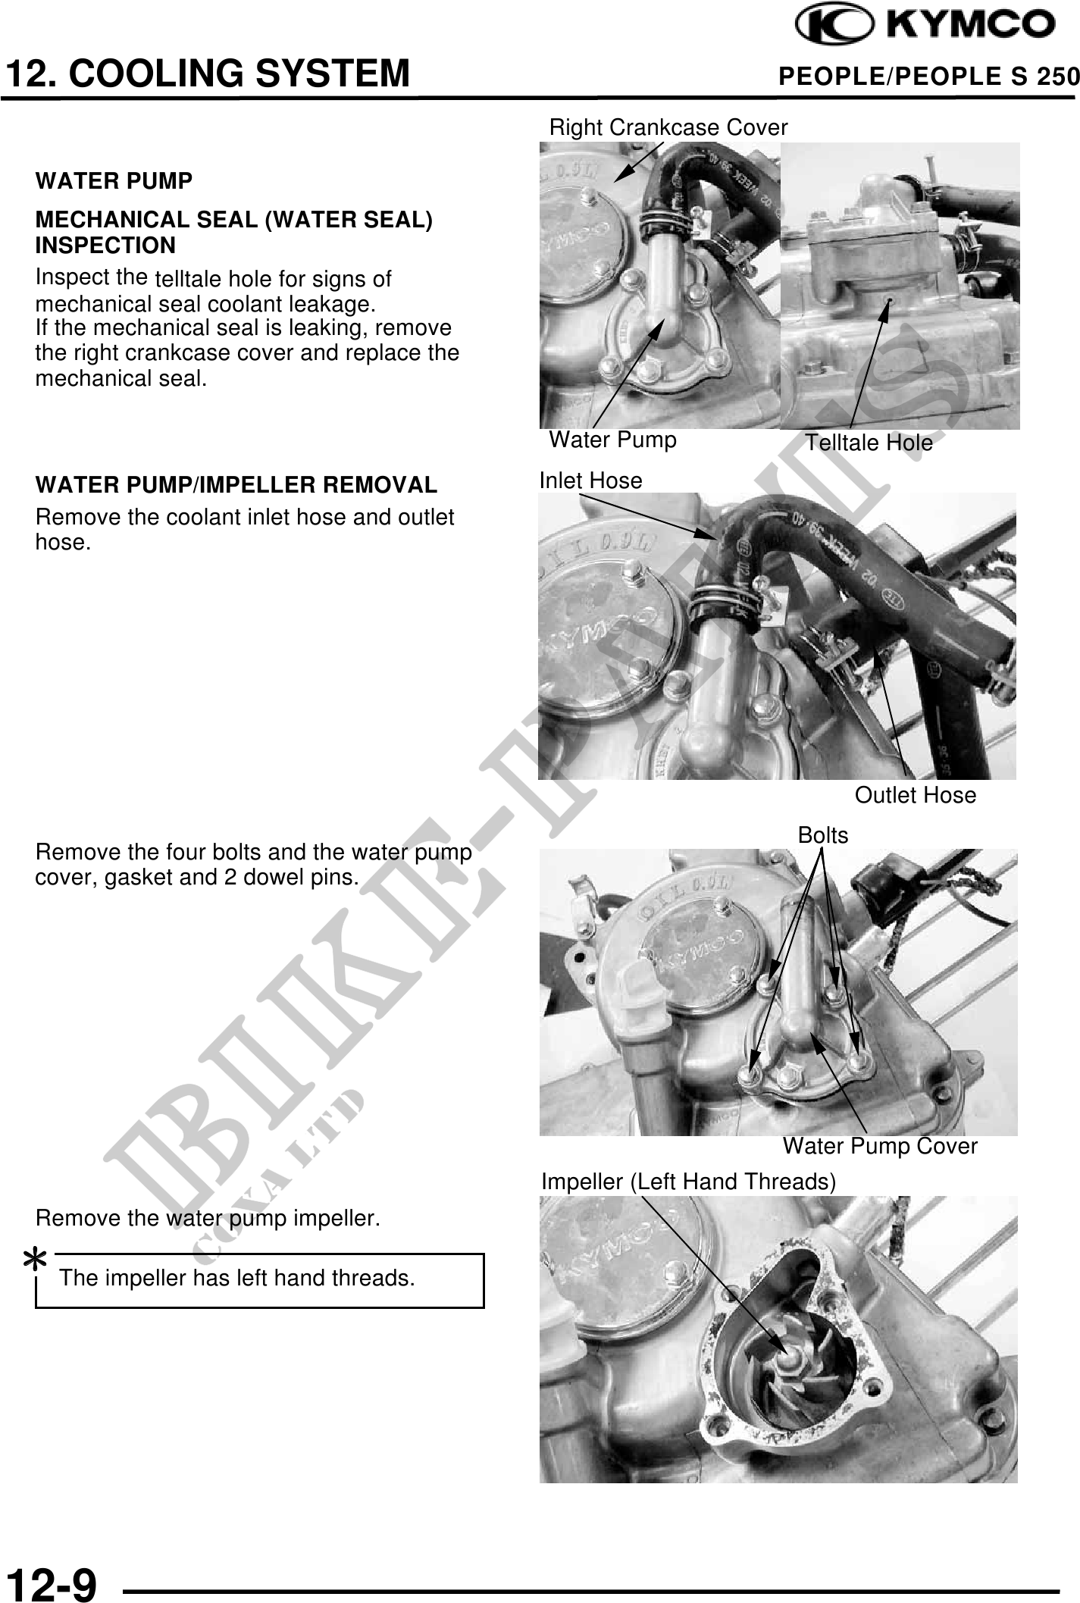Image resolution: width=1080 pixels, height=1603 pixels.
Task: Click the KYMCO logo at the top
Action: pyautogui.click(x=924, y=25)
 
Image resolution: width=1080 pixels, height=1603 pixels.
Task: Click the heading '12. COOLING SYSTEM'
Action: pyautogui.click(x=208, y=74)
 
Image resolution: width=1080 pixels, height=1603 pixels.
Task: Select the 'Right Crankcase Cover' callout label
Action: pyautogui.click(x=668, y=127)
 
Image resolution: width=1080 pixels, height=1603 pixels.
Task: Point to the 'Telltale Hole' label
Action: pyautogui.click(x=869, y=443)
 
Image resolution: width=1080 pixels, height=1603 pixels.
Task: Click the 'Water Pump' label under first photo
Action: pyautogui.click(x=612, y=440)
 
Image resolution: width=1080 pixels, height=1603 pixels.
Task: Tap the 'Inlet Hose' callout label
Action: pyautogui.click(x=590, y=481)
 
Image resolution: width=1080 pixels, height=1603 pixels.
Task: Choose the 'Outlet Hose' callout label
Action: pyautogui.click(x=916, y=795)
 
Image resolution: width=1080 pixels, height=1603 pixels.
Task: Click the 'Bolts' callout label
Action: pyautogui.click(x=823, y=835)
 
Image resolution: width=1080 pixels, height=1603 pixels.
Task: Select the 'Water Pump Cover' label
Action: pyautogui.click(x=880, y=1146)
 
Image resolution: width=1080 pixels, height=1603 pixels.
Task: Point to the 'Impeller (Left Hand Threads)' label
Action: pyautogui.click(x=689, y=1182)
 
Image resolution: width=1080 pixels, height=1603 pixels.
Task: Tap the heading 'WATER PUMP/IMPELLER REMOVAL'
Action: pyautogui.click(x=236, y=485)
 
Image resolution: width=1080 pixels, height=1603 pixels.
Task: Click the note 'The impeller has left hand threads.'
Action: pyautogui.click(x=237, y=1279)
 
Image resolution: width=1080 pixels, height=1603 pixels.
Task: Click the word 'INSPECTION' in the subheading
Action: pyautogui.click(x=105, y=246)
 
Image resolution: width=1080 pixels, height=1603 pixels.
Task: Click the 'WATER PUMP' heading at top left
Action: pyautogui.click(x=114, y=182)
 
